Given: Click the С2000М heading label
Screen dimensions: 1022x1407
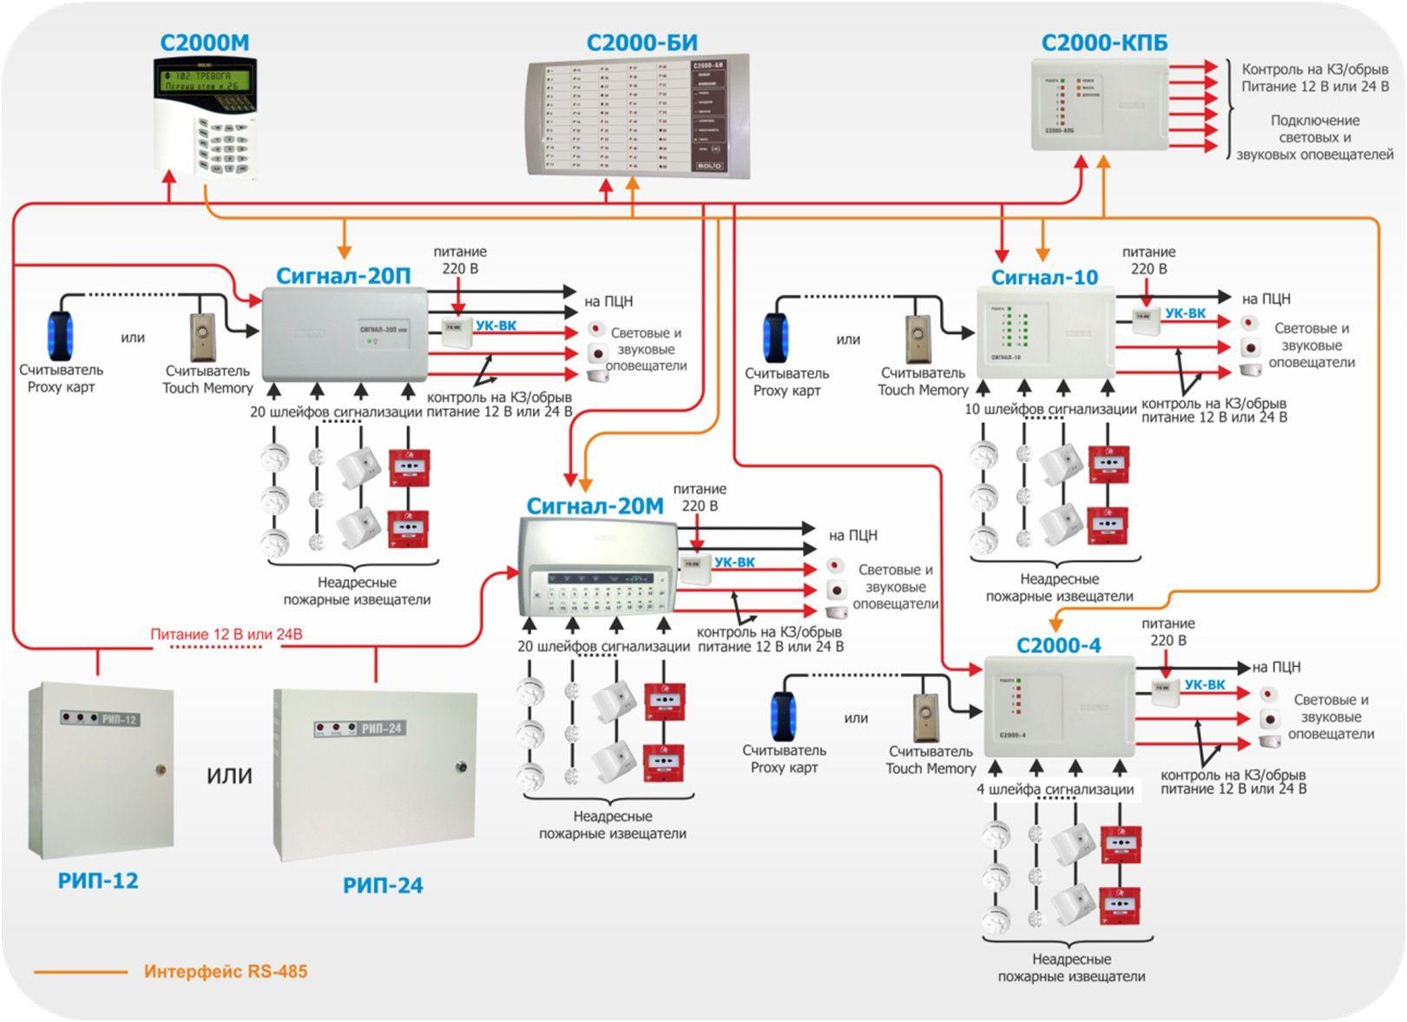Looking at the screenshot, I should (205, 43).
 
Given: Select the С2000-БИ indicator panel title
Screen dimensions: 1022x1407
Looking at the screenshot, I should (641, 43).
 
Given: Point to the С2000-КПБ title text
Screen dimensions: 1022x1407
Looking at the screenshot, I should (1104, 43).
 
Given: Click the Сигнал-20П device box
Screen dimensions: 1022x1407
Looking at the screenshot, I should (344, 333).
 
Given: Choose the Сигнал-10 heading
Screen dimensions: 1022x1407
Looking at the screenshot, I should (1044, 278).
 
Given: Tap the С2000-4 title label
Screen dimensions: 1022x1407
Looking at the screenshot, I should (1058, 646).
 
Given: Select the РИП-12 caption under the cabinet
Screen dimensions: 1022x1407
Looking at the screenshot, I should (98, 880).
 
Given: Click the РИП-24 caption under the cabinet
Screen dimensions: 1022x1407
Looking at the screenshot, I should (383, 886).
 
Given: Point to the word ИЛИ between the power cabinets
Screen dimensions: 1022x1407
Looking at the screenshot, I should (229, 775).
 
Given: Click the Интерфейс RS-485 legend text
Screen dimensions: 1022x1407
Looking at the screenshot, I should (226, 972).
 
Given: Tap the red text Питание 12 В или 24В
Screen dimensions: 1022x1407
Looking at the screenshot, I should (227, 635).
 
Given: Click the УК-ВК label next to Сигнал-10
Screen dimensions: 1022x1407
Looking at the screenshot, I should (1185, 313).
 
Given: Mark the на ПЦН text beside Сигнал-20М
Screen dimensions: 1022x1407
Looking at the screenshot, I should (852, 536).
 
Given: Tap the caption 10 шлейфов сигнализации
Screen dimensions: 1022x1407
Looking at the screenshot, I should (1050, 409).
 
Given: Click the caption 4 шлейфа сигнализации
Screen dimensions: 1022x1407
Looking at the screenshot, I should (1055, 789).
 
